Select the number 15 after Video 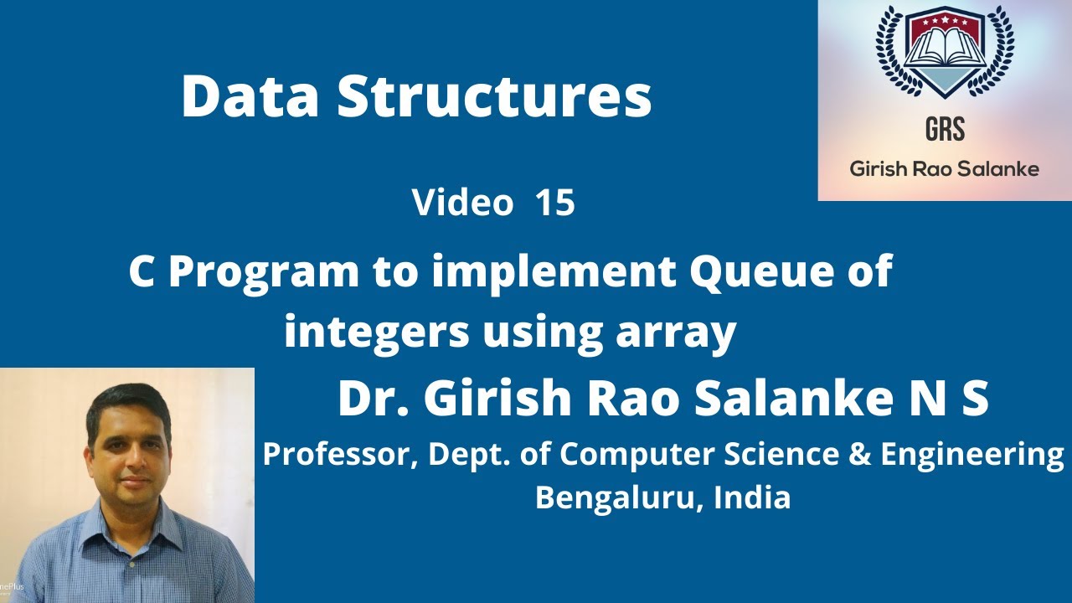click(555, 203)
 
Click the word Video click(462, 203)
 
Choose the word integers click(377, 333)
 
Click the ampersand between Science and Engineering click(860, 454)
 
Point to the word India click(752, 497)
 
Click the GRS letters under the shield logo click(945, 129)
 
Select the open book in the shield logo click(944, 47)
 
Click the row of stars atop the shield click(944, 21)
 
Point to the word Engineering click(973, 456)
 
